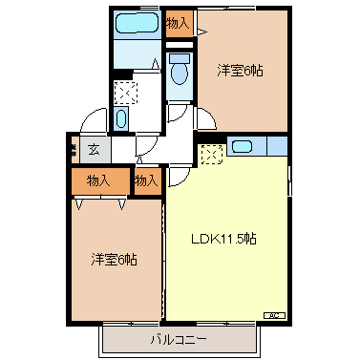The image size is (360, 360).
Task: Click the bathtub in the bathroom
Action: [133, 25]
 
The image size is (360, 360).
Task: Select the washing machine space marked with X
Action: [124, 93]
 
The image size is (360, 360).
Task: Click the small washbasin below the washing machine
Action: [121, 118]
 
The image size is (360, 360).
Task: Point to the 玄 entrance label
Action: [94, 148]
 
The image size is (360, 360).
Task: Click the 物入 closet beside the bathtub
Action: [177, 21]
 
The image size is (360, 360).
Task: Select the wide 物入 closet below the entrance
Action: [98, 180]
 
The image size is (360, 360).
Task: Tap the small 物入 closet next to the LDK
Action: [145, 179]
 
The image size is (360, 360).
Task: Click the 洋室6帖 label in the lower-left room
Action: [113, 259]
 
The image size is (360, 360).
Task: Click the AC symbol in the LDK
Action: [272, 314]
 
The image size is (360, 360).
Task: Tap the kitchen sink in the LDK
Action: [242, 147]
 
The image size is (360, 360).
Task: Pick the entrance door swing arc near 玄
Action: [92, 121]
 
